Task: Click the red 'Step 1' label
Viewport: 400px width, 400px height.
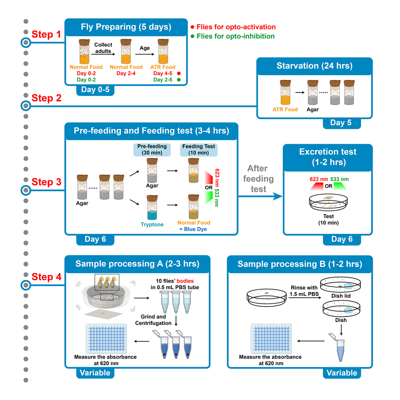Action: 46,35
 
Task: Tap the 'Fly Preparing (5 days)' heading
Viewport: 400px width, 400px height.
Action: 126,27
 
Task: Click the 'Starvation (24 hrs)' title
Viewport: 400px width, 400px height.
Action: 314,66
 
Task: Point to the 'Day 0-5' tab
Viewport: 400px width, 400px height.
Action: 95,90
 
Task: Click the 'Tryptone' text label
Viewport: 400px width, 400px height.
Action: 152,224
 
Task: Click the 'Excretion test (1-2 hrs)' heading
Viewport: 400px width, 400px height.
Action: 328,157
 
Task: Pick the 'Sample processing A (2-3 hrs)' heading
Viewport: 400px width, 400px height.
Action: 137,264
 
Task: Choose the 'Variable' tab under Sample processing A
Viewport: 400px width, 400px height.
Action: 95,373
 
